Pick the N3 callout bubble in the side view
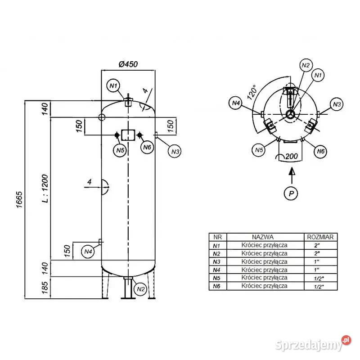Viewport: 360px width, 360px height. [x=175, y=152]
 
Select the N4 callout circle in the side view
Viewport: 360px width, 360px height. [x=88, y=251]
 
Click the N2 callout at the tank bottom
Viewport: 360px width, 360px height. [x=140, y=288]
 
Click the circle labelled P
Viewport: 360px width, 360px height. [x=291, y=193]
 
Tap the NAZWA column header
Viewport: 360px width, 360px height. [x=263, y=237]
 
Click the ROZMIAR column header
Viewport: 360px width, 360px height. [x=319, y=237]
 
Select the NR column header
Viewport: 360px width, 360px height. [x=218, y=237]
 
